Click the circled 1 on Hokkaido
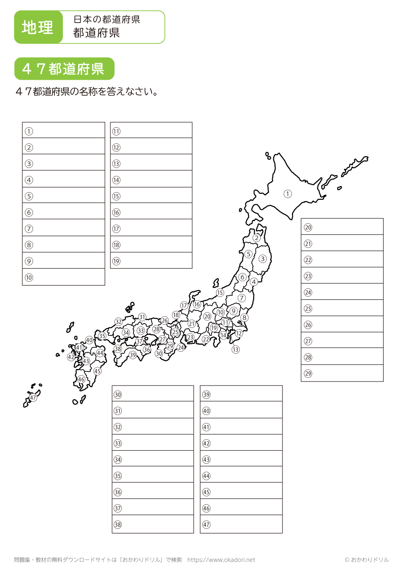[x=287, y=194]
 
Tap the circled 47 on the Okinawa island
[x=33, y=398]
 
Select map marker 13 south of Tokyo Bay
[x=235, y=349]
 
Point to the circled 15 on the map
[x=220, y=293]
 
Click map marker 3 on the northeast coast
[x=262, y=259]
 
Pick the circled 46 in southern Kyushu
[x=81, y=379]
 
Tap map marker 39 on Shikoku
[x=133, y=355]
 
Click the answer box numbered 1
[x=64, y=131]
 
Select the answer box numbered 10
[x=64, y=277]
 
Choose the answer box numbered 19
[x=151, y=261]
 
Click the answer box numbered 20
[x=342, y=227]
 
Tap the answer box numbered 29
[x=342, y=373]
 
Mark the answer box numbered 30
[x=153, y=394]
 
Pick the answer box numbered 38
[x=153, y=524]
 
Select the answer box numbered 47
[x=241, y=524]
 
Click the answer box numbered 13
[x=151, y=163]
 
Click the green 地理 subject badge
[x=38, y=27]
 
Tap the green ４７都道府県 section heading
[x=64, y=69]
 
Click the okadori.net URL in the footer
[x=221, y=560]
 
